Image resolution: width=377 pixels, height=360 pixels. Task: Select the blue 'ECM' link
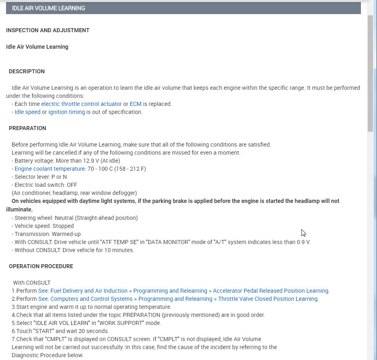coord(136,104)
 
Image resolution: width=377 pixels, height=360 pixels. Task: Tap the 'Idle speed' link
coord(27,112)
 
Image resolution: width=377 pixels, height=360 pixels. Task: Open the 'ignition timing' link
coord(66,112)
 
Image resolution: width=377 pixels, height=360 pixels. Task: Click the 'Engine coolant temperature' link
coord(50,169)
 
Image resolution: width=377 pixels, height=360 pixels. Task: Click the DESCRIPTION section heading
coord(27,71)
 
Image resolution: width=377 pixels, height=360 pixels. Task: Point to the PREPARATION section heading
coord(27,128)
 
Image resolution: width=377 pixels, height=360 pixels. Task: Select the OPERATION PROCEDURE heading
coord(41,266)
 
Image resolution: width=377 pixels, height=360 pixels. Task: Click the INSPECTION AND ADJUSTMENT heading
coord(47,30)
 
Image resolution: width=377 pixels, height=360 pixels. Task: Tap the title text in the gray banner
coord(48,8)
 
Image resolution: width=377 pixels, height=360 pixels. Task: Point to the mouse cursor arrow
coord(303,232)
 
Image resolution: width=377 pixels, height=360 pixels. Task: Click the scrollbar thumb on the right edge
coord(371,72)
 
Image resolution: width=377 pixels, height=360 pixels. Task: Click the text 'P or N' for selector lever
coord(59,177)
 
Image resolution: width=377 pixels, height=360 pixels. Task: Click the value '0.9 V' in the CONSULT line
coord(302,242)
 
